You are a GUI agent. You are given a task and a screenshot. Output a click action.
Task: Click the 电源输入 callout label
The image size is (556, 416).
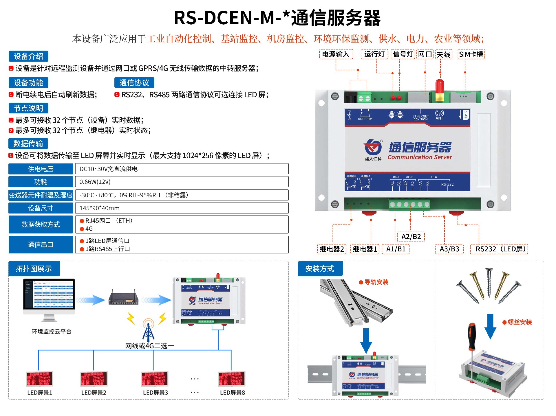pyautogui.click(x=336, y=54)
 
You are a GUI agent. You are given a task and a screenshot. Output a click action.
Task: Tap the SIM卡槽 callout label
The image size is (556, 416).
pyautogui.click(x=471, y=54)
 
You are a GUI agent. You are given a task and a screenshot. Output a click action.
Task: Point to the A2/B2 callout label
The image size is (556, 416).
pyautogui.click(x=411, y=237)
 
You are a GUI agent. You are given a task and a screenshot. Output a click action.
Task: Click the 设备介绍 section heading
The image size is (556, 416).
pyautogui.click(x=28, y=56)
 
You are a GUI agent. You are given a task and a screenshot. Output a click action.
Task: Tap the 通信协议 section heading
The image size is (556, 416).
pyautogui.click(x=134, y=83)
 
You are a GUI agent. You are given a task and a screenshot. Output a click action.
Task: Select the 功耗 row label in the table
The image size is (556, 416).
pyautogui.click(x=41, y=182)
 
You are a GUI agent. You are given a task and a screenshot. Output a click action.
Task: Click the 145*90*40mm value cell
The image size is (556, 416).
pyautogui.click(x=182, y=208)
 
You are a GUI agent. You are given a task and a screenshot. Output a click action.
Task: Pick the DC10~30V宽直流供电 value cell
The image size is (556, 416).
pyautogui.click(x=182, y=169)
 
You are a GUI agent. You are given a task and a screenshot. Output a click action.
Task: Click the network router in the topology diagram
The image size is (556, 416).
pyautogui.click(x=123, y=298)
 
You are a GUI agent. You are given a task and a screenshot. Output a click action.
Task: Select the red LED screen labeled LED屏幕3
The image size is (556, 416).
pyautogui.click(x=155, y=379)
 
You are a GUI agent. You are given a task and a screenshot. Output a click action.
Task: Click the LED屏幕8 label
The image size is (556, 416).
pyautogui.click(x=233, y=393)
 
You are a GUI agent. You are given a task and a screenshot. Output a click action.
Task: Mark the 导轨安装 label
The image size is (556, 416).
pyautogui.click(x=376, y=282)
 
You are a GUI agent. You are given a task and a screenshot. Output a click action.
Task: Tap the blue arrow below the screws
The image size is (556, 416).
pyautogui.click(x=490, y=326)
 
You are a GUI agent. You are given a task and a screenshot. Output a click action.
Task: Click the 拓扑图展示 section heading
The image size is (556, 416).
pyautogui.click(x=34, y=269)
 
